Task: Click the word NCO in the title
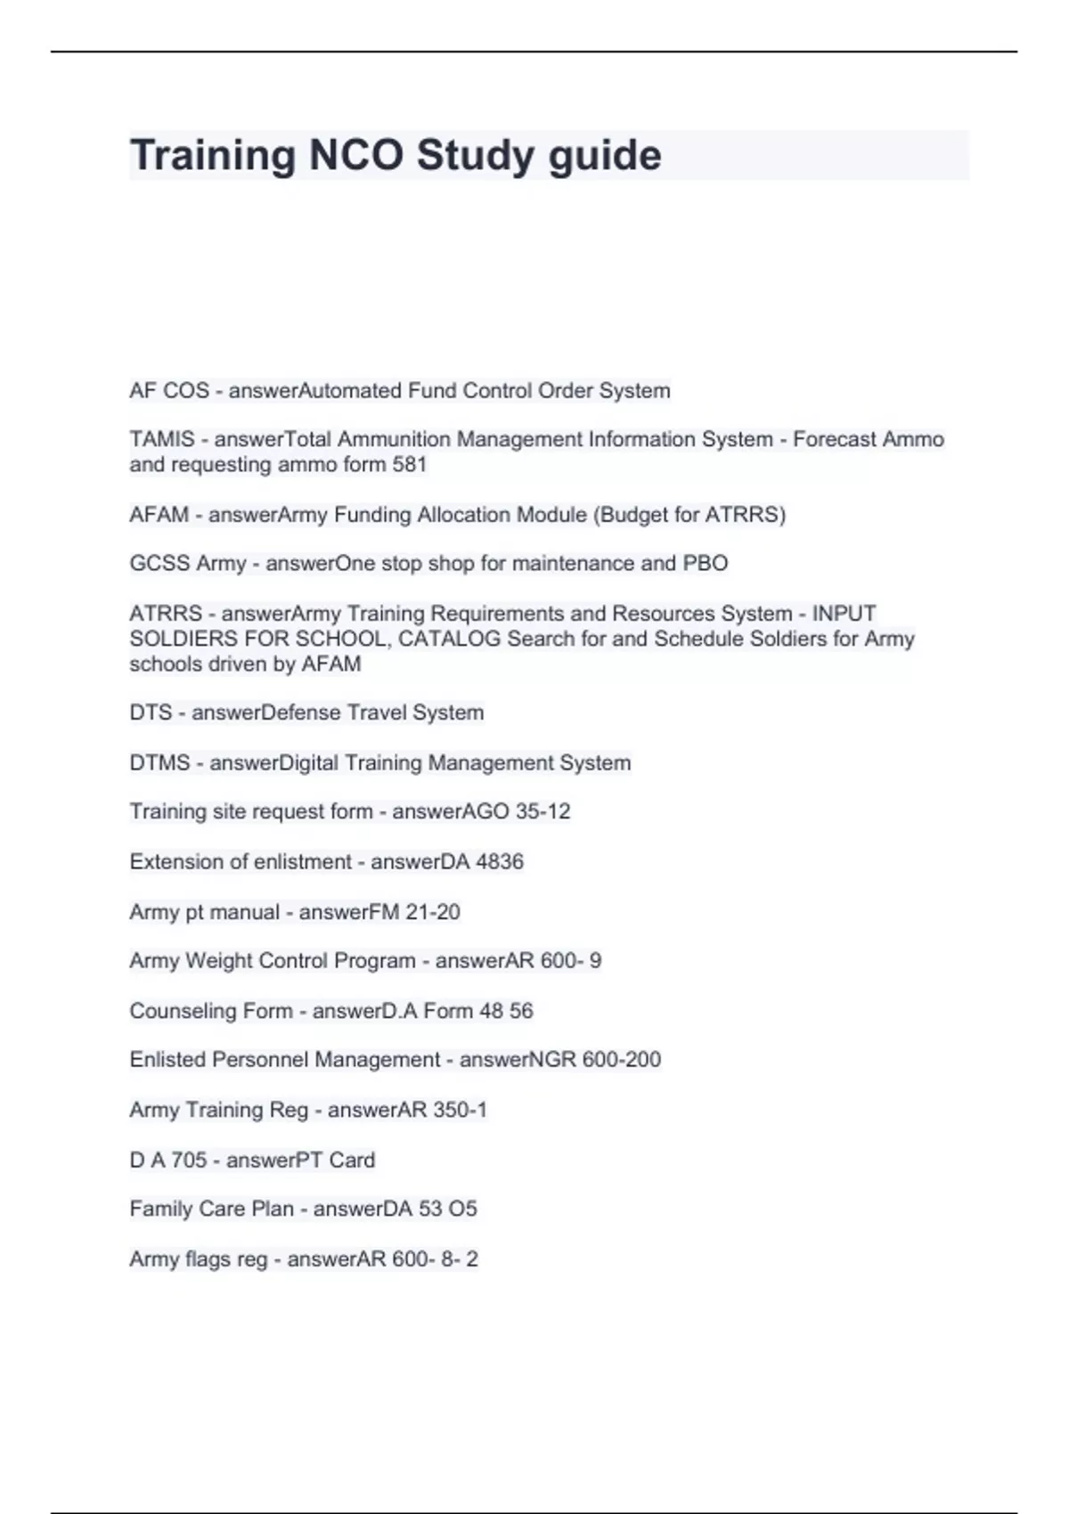point(355,155)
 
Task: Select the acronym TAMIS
point(162,439)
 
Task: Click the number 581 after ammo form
point(410,464)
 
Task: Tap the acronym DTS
point(150,712)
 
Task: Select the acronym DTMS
point(159,762)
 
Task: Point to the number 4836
point(500,861)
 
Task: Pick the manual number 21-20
point(433,912)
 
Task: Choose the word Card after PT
point(352,1160)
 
